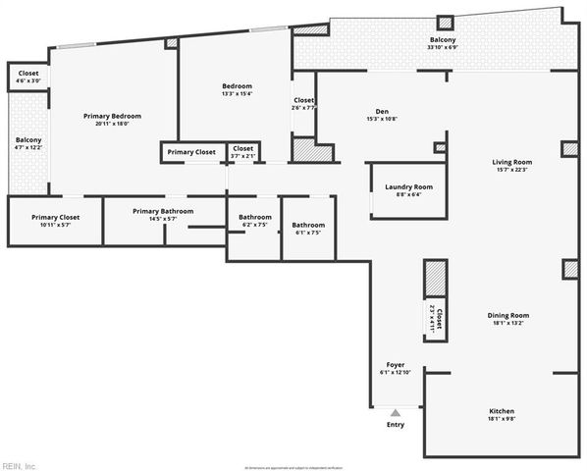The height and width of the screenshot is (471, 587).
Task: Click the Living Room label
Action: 511,162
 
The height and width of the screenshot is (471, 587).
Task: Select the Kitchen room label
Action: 501,411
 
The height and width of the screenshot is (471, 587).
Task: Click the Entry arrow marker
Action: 396,413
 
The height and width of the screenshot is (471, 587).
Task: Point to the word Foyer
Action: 395,364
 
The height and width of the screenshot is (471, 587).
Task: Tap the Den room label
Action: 384,111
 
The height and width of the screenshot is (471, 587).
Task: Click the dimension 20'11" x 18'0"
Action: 113,124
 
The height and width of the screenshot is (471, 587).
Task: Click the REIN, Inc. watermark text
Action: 19,465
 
